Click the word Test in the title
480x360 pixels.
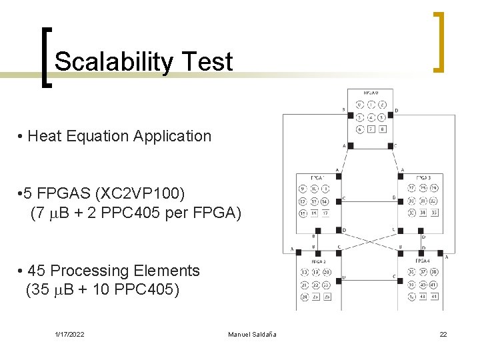[x=211, y=61]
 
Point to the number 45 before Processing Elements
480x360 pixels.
[x=38, y=271]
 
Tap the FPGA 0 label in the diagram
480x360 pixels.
[x=371, y=93]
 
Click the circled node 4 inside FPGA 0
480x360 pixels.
[x=371, y=117]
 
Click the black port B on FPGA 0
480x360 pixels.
[x=351, y=115]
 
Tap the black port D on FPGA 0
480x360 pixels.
[x=391, y=115]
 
